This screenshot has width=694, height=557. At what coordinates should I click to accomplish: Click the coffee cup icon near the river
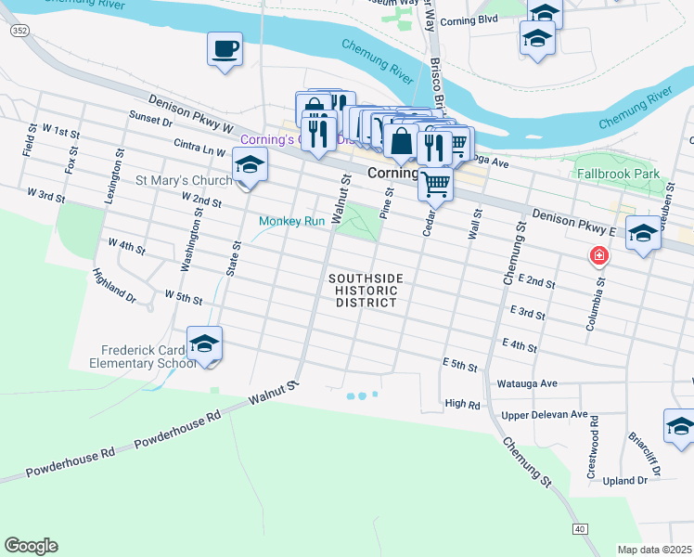(225, 48)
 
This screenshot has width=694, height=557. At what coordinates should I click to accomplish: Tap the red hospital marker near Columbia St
(600, 255)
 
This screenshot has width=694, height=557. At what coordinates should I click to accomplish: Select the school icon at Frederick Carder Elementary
(204, 344)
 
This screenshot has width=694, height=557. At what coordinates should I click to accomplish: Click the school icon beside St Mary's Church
(248, 167)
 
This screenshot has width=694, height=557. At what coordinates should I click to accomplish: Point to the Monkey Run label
(291, 222)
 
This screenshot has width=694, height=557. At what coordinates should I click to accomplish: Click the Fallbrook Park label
(617, 174)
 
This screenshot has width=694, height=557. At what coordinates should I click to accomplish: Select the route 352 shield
(18, 32)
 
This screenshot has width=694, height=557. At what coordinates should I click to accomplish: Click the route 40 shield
(580, 528)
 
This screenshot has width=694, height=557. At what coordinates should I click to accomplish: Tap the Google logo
(31, 546)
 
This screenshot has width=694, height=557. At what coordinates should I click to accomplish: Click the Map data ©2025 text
(654, 550)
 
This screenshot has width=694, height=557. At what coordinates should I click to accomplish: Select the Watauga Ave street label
(528, 382)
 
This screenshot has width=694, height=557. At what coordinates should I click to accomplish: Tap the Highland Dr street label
(113, 287)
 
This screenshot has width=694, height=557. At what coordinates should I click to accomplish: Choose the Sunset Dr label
(151, 120)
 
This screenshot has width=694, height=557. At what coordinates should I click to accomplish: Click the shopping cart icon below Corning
(435, 184)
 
